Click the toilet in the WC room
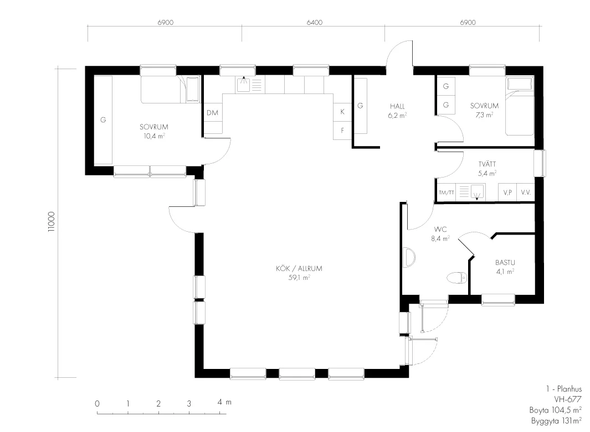tap(457, 278)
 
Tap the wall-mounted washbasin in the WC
tap(409, 257)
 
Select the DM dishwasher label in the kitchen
tap(213, 113)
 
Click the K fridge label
tap(342, 112)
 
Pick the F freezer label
tap(342, 131)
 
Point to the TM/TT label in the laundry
tap(447, 192)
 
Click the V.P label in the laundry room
tap(507, 192)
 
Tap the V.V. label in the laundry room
tap(526, 192)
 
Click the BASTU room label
tap(505, 263)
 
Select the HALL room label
tap(397, 106)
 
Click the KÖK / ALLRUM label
tap(299, 269)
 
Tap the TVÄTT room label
tap(488, 164)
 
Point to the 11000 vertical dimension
tap(52, 222)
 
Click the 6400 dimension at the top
tap(315, 23)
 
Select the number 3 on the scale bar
tap(189, 403)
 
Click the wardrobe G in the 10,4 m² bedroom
tap(103, 120)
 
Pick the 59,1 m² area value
tap(299, 278)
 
